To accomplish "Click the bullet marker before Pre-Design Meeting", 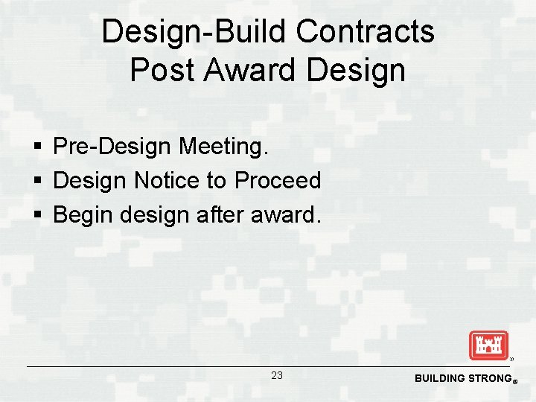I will tap(37, 147).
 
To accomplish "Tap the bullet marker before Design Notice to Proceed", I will tap(37, 181).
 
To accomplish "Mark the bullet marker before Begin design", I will tap(37, 216).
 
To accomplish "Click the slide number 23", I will tap(276, 376).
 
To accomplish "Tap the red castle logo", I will tap(488, 345).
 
